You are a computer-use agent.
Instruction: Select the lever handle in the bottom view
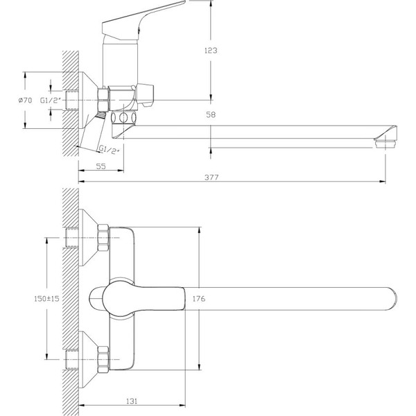pyautogui.click(x=139, y=298)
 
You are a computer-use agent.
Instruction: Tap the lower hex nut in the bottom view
pyautogui.click(x=104, y=361)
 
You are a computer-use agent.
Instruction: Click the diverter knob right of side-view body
pyautogui.click(x=148, y=93)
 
